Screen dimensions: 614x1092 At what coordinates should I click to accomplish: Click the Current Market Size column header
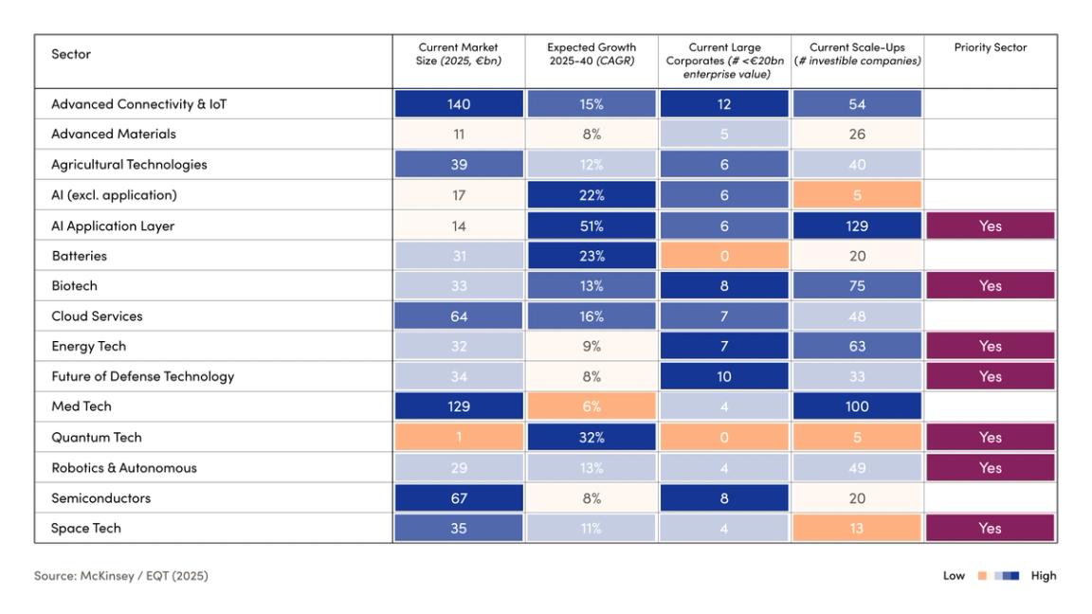pos(459,54)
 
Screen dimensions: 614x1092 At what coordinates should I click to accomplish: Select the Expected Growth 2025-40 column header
pos(591,54)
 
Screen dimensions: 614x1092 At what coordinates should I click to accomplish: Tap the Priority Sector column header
pos(990,47)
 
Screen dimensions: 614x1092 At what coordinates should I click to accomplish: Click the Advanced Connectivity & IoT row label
pos(138,104)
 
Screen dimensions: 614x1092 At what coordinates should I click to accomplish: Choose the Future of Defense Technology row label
pos(142,376)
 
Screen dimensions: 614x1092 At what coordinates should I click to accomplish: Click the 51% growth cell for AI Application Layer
pos(591,226)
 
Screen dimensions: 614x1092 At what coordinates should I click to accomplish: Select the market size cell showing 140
pos(459,104)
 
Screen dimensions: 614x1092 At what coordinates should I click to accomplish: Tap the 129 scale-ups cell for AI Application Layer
pos(857,226)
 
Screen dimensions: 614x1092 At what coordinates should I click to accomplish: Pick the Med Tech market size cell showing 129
pos(459,406)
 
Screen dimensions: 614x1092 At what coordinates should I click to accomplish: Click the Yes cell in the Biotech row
pos(990,286)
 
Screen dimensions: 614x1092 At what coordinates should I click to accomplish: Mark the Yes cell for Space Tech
pos(990,529)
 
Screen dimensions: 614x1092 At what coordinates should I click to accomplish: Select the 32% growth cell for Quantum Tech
pos(591,438)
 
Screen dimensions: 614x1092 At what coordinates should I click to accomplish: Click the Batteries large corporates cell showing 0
pos(724,256)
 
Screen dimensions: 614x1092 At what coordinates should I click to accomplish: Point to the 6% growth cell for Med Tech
pos(591,406)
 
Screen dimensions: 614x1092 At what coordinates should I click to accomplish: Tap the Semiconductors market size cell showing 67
pos(459,498)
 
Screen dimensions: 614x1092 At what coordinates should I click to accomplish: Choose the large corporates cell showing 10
pos(724,376)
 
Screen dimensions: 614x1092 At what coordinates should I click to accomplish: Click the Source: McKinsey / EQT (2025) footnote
pos(121,576)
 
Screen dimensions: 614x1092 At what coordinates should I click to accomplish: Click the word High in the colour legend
pos(1043,576)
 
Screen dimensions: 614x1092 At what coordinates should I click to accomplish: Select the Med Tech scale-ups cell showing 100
pos(857,406)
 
